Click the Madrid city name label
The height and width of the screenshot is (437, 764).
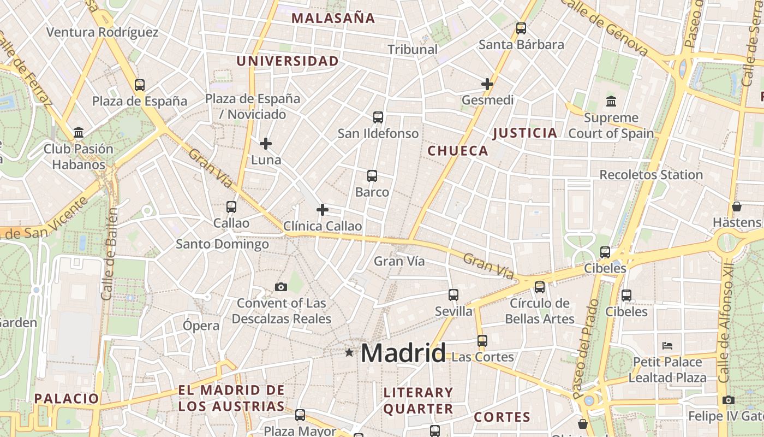(403, 353)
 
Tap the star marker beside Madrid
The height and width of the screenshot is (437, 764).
(349, 353)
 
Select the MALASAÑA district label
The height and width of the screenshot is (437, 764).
(333, 18)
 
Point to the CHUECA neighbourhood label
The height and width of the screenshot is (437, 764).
(458, 151)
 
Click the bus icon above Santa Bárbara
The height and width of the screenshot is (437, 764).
(521, 28)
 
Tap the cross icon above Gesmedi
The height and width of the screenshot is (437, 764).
(487, 84)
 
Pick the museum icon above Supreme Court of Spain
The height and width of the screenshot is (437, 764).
(611, 102)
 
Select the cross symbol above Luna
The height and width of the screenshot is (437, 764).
(266, 144)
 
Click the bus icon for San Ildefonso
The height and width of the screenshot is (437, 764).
(378, 117)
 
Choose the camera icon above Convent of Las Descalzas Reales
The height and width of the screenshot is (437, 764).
(281, 287)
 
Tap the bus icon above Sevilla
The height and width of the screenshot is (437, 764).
(453, 295)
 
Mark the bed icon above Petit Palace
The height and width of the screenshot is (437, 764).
(667, 345)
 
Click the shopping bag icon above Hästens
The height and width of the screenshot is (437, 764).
(737, 206)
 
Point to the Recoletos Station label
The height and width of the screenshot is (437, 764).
(651, 175)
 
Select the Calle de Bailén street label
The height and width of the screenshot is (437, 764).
(110, 253)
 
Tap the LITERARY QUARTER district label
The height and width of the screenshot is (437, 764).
(418, 400)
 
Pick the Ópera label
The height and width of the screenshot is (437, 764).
(201, 326)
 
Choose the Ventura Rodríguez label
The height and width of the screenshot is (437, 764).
(103, 32)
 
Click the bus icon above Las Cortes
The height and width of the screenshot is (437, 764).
(482, 341)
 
